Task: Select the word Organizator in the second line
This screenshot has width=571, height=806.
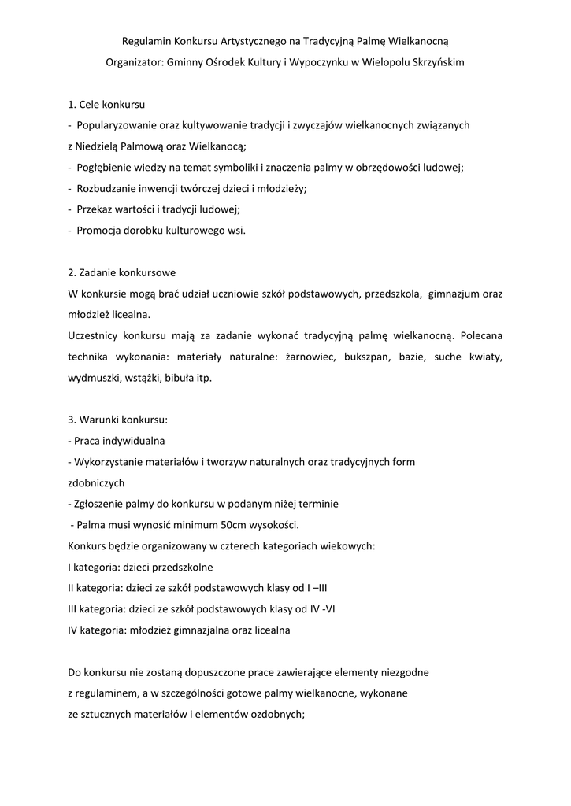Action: pyautogui.click(x=132, y=63)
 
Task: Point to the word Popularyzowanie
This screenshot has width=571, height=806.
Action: pyautogui.click(x=117, y=124)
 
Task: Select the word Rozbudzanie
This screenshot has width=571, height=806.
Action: pyautogui.click(x=108, y=188)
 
